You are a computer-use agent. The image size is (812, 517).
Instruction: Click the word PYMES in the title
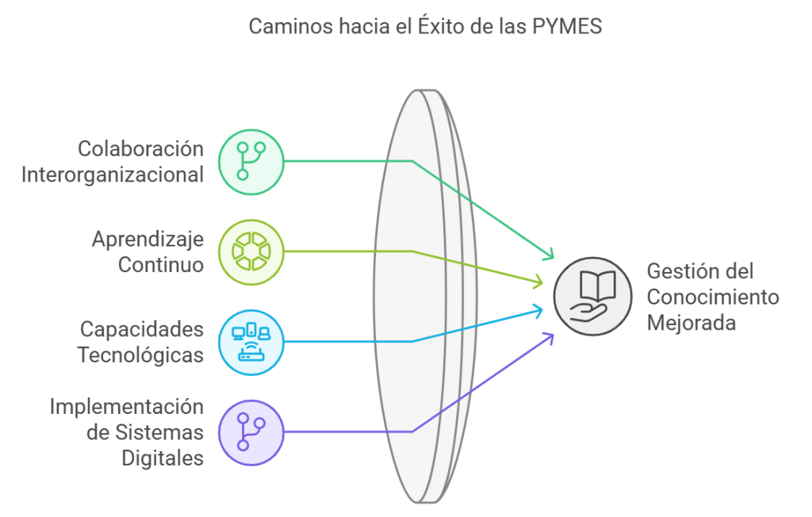point(570,26)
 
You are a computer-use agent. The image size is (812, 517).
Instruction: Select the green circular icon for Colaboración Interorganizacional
point(251,161)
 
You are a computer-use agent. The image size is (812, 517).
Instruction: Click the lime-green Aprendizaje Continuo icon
point(251,251)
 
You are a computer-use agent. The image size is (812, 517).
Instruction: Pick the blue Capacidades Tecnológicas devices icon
point(251,342)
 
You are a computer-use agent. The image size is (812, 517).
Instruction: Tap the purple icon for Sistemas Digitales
point(251,432)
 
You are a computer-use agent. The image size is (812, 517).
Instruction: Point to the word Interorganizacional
point(112,174)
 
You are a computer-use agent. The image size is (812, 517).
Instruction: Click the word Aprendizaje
point(147,239)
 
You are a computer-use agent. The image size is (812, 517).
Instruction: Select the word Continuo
point(161,265)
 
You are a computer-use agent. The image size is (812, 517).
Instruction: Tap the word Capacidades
point(141,329)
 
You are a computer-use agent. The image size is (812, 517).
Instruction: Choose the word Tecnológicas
point(140,355)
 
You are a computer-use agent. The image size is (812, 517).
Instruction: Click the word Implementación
point(126,407)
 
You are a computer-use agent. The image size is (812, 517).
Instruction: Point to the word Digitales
point(162,458)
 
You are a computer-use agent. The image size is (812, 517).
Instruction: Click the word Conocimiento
point(713,297)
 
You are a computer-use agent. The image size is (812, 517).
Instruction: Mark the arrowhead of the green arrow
point(548,255)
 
